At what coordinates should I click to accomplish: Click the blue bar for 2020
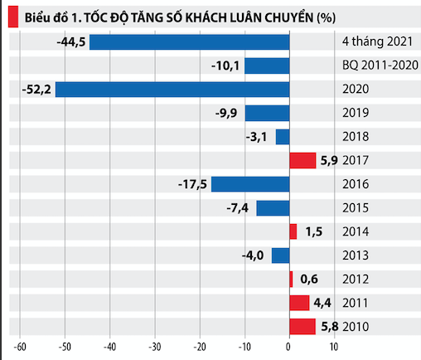point(172,90)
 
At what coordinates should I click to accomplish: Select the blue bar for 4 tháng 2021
point(189,41)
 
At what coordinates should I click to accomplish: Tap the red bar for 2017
point(302,161)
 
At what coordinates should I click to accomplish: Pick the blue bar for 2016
point(250,184)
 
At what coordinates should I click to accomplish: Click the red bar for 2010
point(302,328)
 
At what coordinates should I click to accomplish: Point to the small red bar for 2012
point(291,280)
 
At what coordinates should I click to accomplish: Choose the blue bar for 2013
point(281,255)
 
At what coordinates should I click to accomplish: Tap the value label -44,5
point(70,41)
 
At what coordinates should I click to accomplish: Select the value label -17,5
point(193,184)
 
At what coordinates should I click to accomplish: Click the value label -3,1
point(258,137)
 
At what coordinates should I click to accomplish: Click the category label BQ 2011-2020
point(375,66)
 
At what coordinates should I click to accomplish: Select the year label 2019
point(356,114)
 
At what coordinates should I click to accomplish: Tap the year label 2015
point(356,208)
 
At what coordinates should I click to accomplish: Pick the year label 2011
point(356,304)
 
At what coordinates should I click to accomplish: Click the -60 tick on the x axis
point(21,348)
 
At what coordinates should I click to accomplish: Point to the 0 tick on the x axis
point(289,348)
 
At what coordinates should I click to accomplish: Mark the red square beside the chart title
point(12,15)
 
